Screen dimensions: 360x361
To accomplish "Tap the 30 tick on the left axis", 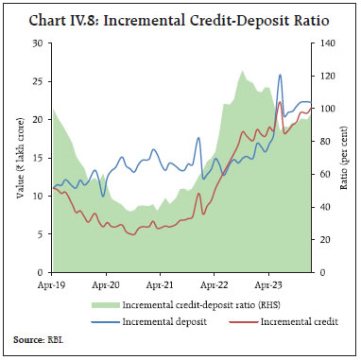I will click(x=38, y=43).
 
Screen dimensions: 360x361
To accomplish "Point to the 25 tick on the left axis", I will click(x=38, y=81).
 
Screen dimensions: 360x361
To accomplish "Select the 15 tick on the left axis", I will click(x=38, y=158).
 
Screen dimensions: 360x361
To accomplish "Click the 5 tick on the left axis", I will click(x=41, y=234).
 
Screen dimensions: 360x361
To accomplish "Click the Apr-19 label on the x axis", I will click(x=51, y=283).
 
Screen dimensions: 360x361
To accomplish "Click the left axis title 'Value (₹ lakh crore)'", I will click(x=19, y=157).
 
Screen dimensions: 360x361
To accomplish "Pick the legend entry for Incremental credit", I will click(x=273, y=322).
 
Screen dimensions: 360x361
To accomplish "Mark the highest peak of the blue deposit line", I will click(x=280, y=75).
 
